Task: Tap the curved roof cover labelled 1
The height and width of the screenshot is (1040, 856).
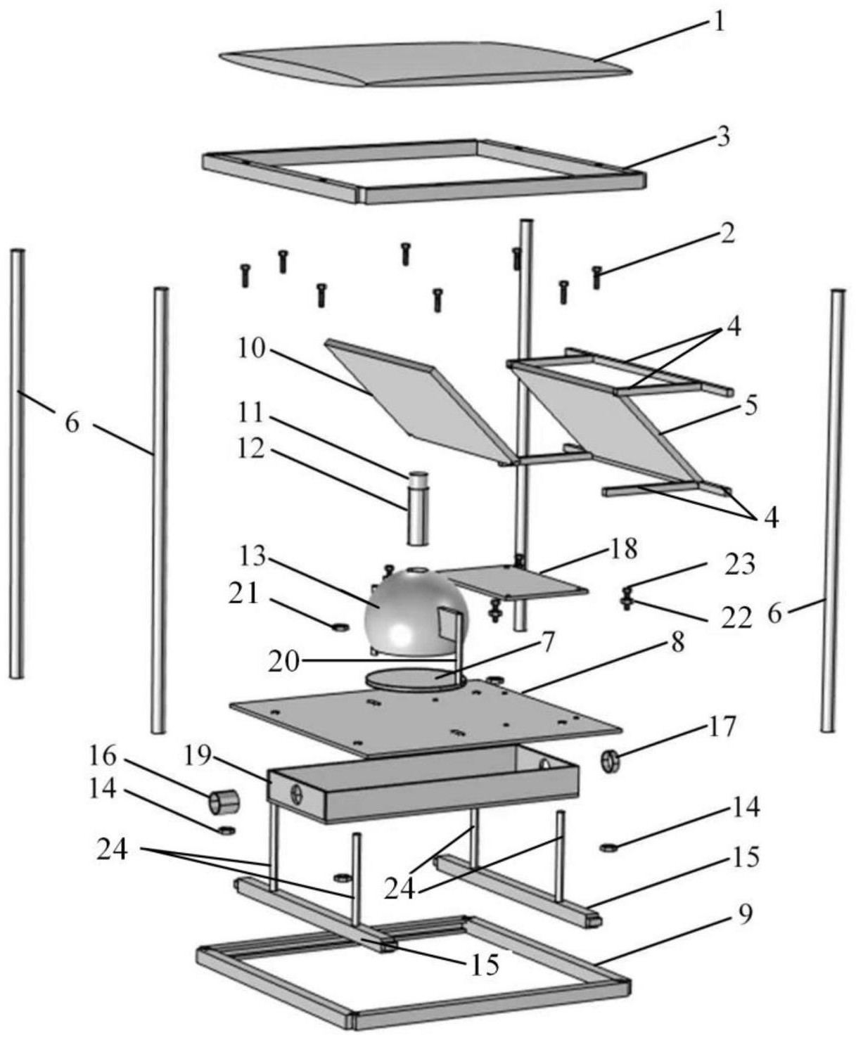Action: tap(425, 63)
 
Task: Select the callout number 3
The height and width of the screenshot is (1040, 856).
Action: tap(723, 139)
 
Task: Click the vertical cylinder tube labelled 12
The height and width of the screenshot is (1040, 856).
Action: tap(417, 508)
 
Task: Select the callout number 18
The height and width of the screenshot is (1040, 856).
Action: tap(623, 548)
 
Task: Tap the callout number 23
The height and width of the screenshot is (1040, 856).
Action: tap(740, 565)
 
